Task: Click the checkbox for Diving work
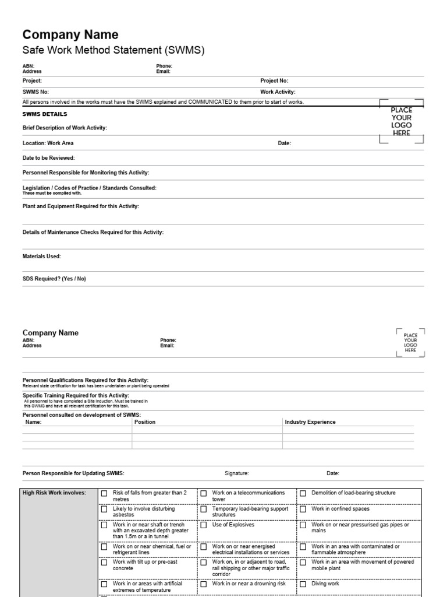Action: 303,584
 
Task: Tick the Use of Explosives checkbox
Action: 204,525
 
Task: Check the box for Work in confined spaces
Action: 303,510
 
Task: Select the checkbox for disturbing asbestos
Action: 104,510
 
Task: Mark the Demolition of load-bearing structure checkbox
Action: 303,493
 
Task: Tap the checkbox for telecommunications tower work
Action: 204,493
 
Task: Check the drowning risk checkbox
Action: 204,584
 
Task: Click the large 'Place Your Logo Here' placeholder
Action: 401,121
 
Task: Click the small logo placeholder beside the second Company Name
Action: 410,343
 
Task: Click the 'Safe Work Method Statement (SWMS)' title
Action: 113,51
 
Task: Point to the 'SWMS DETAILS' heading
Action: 45,114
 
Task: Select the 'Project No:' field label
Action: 274,81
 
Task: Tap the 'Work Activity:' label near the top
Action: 278,92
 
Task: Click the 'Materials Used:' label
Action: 41,257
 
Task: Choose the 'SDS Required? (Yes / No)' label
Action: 54,279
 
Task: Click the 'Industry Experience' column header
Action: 310,422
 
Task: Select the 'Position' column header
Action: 145,422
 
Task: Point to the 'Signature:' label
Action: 237,473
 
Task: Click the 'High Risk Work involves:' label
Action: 54,493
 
